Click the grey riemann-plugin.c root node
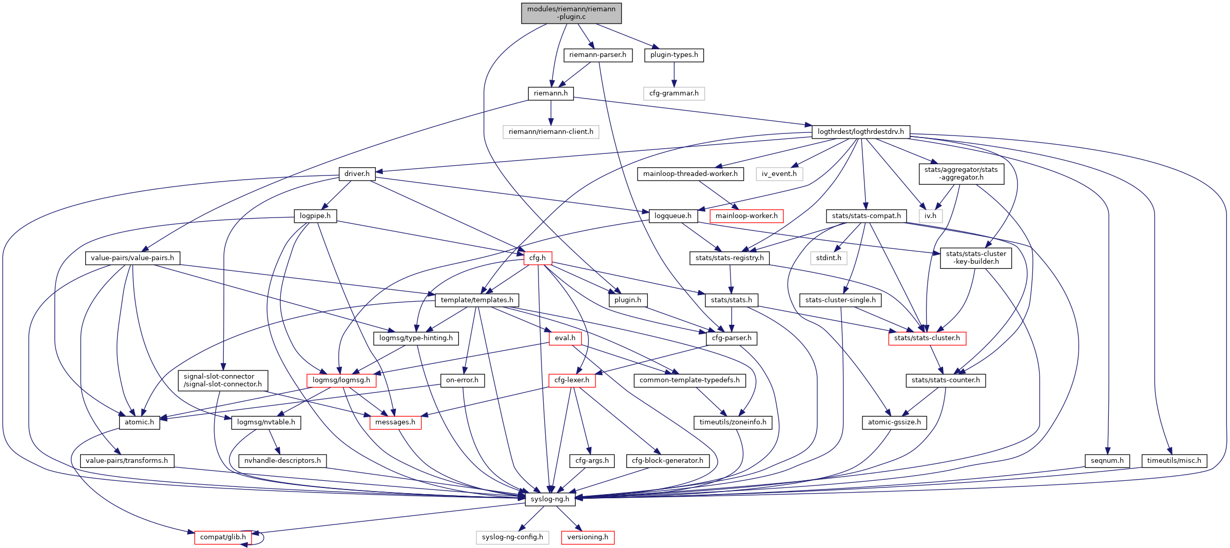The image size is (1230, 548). tap(571, 13)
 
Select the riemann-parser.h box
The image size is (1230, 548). tap(598, 55)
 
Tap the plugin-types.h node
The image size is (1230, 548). tap(674, 55)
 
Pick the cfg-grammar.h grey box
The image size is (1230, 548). tap(674, 93)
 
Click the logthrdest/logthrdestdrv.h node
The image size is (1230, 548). tap(860, 132)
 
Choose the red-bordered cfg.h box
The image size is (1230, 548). tap(537, 258)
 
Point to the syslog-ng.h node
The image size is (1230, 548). tap(550, 499)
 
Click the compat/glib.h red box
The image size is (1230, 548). tap(223, 537)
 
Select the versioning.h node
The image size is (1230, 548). tap(587, 537)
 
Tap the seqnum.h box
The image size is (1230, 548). tap(1107, 461)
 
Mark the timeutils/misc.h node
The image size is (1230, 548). tap(1174, 461)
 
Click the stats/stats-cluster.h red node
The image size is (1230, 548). tap(927, 338)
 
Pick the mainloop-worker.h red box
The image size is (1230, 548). tap(746, 216)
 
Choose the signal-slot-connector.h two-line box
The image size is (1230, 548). tap(223, 380)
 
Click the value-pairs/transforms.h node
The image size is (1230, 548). tap(127, 461)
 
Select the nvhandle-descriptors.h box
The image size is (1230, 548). tap(282, 461)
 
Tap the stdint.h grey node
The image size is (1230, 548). tap(829, 258)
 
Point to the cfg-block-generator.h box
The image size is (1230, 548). tap(667, 461)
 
